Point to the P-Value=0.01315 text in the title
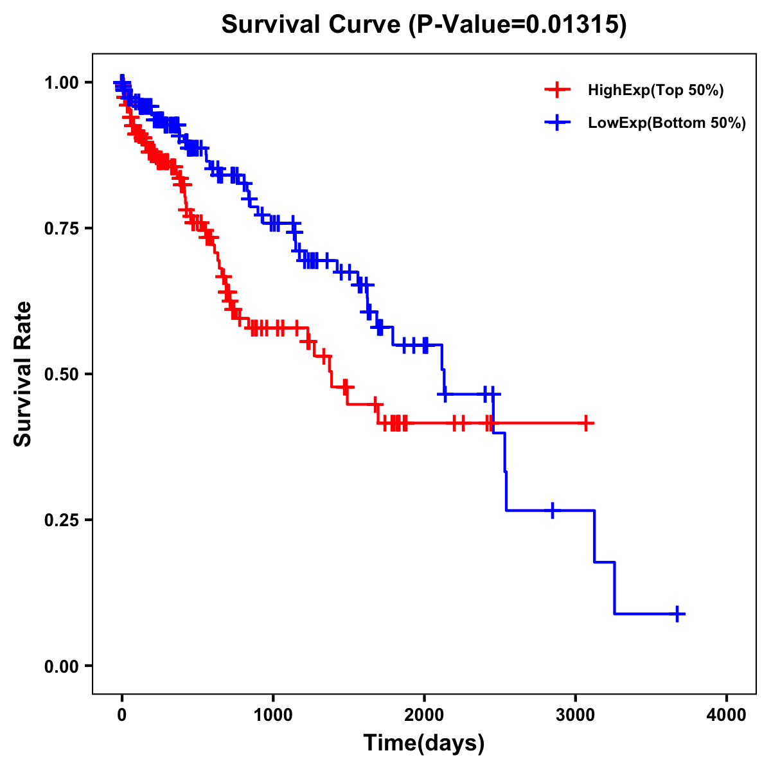pyautogui.click(x=518, y=25)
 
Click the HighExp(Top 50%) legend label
pyautogui.click(x=655, y=91)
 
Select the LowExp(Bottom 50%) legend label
pyautogui.click(x=666, y=123)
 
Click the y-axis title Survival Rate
pyautogui.click(x=23, y=373)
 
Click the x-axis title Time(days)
pyautogui.click(x=423, y=743)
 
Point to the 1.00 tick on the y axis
pyautogui.click(x=61, y=82)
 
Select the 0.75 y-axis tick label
pyautogui.click(x=61, y=228)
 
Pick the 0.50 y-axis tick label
pyautogui.click(x=61, y=374)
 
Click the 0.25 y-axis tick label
pyautogui.click(x=61, y=520)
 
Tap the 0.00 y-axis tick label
pyautogui.click(x=61, y=666)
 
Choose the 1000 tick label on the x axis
pyautogui.click(x=273, y=715)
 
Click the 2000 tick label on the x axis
pyautogui.click(x=424, y=715)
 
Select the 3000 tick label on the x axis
pyautogui.click(x=576, y=715)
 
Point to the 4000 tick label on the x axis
pyautogui.click(x=727, y=715)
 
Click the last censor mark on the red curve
pyautogui.click(x=586, y=423)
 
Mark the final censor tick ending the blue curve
pyautogui.click(x=677, y=614)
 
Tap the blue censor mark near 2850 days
pyautogui.click(x=552, y=510)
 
